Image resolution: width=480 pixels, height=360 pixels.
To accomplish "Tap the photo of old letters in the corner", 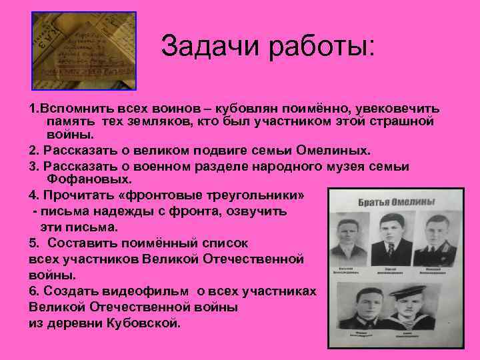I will click(x=84, y=51).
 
